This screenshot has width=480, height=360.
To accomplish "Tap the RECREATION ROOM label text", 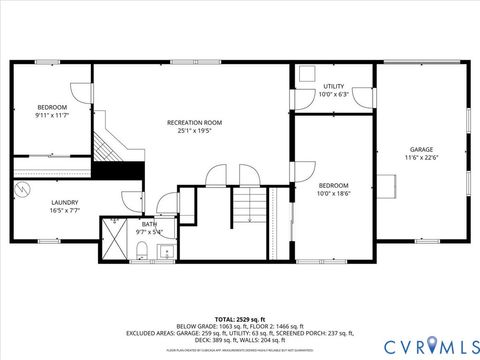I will point(194,122).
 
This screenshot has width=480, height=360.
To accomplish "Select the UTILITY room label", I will point(333,87).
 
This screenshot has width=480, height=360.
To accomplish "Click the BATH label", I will point(149,224).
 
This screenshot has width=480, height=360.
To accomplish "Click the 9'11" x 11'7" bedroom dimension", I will point(51,115).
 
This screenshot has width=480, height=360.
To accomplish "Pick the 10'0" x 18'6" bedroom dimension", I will point(333,193).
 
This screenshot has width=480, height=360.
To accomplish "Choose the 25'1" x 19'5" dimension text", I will point(194,130).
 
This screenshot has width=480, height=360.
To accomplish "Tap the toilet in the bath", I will point(142,248).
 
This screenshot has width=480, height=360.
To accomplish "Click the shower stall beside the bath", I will point(113,239).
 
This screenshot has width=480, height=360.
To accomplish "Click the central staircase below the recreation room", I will point(251,209).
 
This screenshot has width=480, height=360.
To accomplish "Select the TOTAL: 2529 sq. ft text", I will point(239,316).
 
